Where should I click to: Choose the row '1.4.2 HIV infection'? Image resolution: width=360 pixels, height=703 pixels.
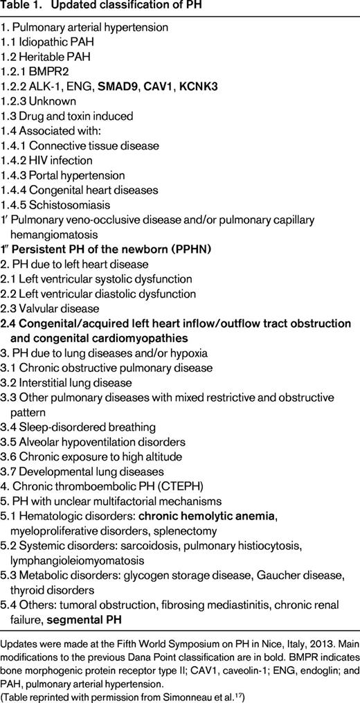coord(52,161)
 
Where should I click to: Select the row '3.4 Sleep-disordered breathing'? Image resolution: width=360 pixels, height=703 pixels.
coord(78,427)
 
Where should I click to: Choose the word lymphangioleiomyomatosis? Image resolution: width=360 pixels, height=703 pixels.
coord(80,560)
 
